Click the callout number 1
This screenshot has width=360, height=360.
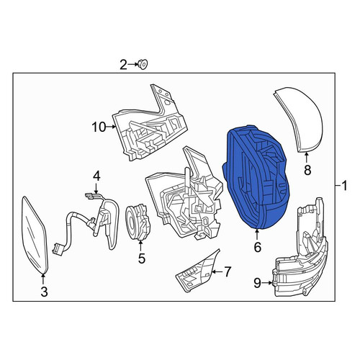point(344,186)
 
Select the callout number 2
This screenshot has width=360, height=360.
point(123,65)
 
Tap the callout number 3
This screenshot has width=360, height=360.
point(44,292)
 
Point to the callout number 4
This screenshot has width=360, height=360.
point(96,176)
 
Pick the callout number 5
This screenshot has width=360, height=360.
point(142,258)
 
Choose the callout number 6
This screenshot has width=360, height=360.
point(258,247)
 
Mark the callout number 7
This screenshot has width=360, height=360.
point(227,272)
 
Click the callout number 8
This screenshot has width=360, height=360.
point(307,170)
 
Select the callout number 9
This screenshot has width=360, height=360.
point(257,284)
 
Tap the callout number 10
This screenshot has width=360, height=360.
point(99,127)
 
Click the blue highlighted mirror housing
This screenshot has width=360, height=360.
point(257,178)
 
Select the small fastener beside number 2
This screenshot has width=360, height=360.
point(143,64)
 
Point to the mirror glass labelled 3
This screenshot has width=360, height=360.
point(35,235)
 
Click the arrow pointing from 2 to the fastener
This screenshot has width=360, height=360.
point(132,64)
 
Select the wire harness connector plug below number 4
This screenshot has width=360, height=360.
point(57,248)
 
